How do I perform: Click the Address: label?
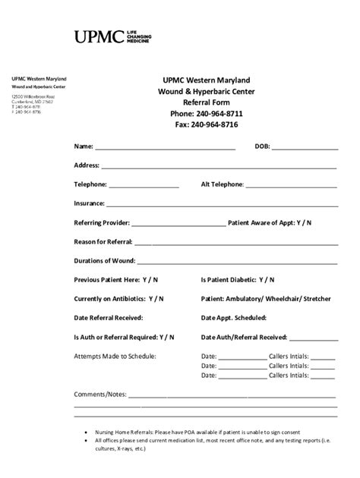(x=87, y=165)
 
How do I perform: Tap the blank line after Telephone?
(x=144, y=184)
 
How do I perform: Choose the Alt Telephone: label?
(x=222, y=184)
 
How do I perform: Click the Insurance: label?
(x=89, y=203)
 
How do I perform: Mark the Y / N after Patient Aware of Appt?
(x=303, y=223)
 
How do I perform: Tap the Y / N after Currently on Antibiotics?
(x=156, y=299)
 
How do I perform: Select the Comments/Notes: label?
(x=100, y=395)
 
